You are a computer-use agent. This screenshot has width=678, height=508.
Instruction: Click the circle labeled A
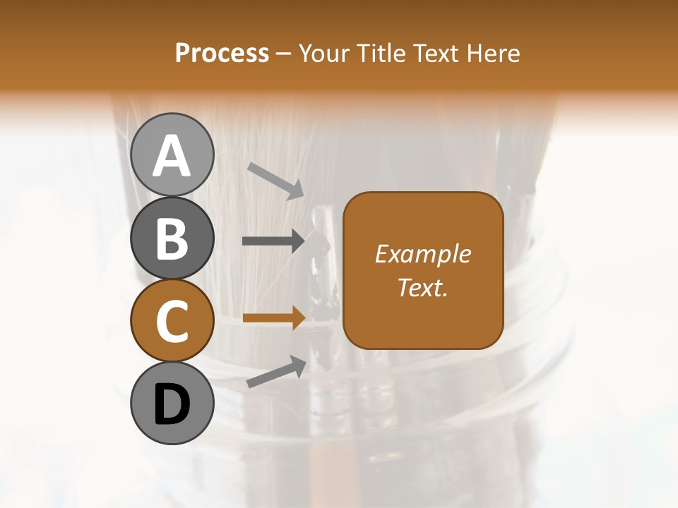click(x=172, y=155)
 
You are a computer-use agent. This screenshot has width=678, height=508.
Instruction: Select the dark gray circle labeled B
click(x=172, y=238)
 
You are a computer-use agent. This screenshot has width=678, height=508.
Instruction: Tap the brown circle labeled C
click(x=172, y=321)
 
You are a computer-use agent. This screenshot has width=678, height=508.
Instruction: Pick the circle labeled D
click(x=172, y=404)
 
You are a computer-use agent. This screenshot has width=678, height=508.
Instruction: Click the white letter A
click(x=172, y=156)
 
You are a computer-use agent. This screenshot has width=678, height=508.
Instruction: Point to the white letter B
click(x=172, y=238)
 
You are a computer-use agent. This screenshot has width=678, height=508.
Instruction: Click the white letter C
click(x=172, y=322)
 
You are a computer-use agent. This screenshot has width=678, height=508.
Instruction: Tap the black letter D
click(x=172, y=404)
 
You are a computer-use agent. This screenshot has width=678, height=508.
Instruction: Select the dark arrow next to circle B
click(x=274, y=241)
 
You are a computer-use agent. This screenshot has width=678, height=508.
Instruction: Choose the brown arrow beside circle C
click(x=274, y=317)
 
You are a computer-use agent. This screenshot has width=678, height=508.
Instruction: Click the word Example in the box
click(x=422, y=254)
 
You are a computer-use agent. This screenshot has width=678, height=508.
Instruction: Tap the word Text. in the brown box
click(x=422, y=287)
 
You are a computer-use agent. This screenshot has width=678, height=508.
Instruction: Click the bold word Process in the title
click(x=222, y=53)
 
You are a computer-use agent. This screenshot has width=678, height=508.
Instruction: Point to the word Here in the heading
click(x=493, y=53)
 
